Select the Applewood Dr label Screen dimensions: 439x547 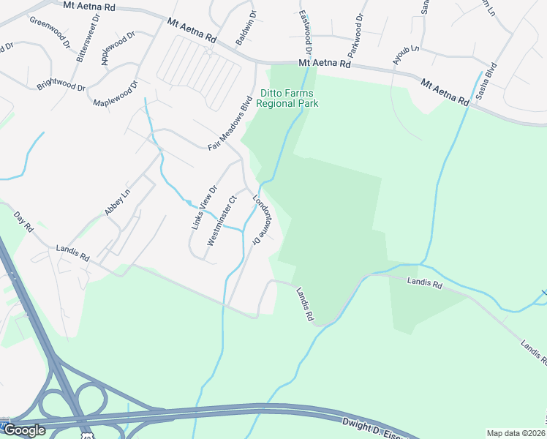click(118, 48)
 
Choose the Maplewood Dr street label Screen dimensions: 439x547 click(116, 94)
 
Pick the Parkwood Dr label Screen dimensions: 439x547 click(355, 37)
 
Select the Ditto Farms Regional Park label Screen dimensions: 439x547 click(289, 98)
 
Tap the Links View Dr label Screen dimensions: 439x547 click(204, 207)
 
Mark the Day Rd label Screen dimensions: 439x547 click(23, 222)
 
